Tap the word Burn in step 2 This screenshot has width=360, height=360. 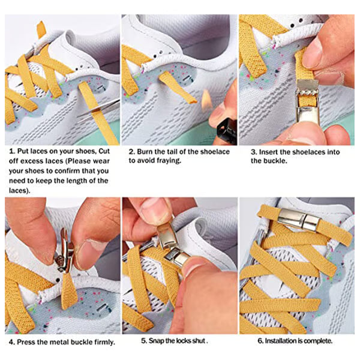[146, 152]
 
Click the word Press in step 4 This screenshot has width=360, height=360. [28, 342]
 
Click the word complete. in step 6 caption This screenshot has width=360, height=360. [319, 341]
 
